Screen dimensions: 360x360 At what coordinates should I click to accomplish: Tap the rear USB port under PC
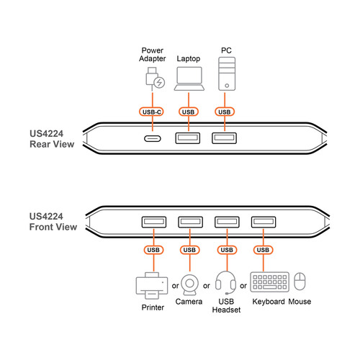pyautogui.click(x=225, y=139)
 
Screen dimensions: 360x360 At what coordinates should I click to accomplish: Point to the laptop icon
pyautogui.click(x=189, y=78)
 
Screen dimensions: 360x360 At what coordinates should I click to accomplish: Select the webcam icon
pyautogui.click(x=189, y=284)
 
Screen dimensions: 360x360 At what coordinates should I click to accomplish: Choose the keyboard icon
pyautogui.click(x=270, y=283)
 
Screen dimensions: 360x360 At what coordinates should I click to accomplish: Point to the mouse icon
pyautogui.click(x=300, y=282)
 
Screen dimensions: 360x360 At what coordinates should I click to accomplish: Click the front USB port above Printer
pyautogui.click(x=152, y=222)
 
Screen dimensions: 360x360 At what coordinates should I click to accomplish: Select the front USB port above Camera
pyautogui.click(x=189, y=222)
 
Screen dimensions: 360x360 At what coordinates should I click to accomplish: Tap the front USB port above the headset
pyautogui.click(x=227, y=222)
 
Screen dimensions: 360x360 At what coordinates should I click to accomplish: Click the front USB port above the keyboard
pyautogui.click(x=262, y=222)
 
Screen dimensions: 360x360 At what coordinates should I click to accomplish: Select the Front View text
pyautogui.click(x=52, y=227)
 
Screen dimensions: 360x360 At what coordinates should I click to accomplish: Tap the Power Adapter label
pyautogui.click(x=153, y=55)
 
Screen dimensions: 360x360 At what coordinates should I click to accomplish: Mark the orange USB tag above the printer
pyautogui.click(x=153, y=250)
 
